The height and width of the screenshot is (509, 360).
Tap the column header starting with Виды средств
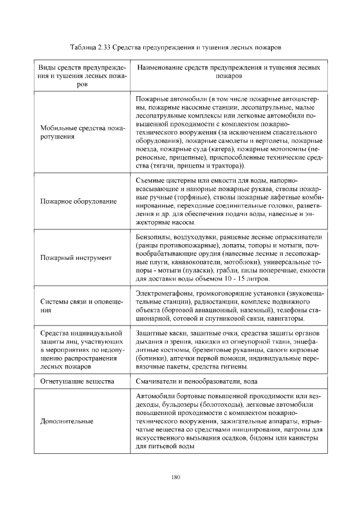[x=82, y=75]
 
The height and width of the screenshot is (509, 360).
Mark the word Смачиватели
[x=157, y=381]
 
